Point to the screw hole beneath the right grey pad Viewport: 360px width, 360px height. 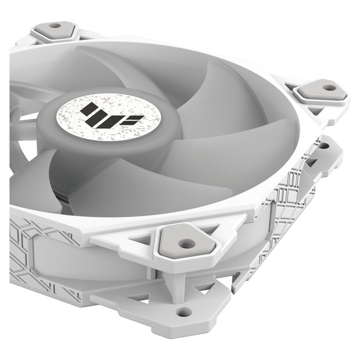(x=323, y=146)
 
